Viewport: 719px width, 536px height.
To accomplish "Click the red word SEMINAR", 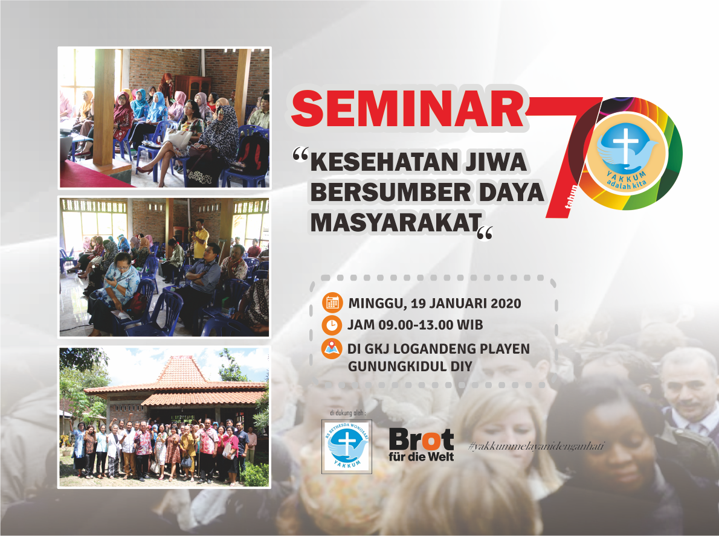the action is pyautogui.click(x=408, y=109).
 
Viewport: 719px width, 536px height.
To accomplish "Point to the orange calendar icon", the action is pyautogui.click(x=332, y=303).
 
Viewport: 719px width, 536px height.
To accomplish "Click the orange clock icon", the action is pyautogui.click(x=332, y=325).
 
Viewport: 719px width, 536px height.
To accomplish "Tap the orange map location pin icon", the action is pyautogui.click(x=332, y=349).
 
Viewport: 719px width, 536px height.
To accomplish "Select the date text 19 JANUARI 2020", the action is pyautogui.click(x=466, y=303).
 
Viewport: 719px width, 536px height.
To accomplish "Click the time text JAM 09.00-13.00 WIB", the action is pyautogui.click(x=416, y=325).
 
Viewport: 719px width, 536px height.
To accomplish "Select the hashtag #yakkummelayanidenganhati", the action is pyautogui.click(x=537, y=445).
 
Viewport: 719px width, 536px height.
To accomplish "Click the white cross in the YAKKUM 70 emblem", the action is pyautogui.click(x=625, y=143).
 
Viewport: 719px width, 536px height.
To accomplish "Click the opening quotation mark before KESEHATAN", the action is pyautogui.click(x=301, y=155).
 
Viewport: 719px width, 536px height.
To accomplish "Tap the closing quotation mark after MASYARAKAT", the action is pyautogui.click(x=485, y=233).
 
